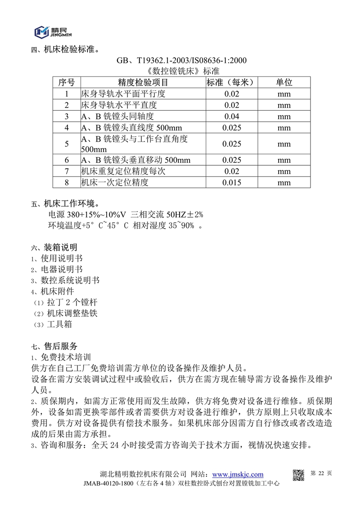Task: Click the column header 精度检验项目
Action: [143, 83]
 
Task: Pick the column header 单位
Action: [284, 83]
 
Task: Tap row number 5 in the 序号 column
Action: [67, 144]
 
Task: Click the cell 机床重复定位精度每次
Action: [119, 171]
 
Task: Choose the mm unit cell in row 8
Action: [284, 183]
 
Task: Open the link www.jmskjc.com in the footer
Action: [238, 474]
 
